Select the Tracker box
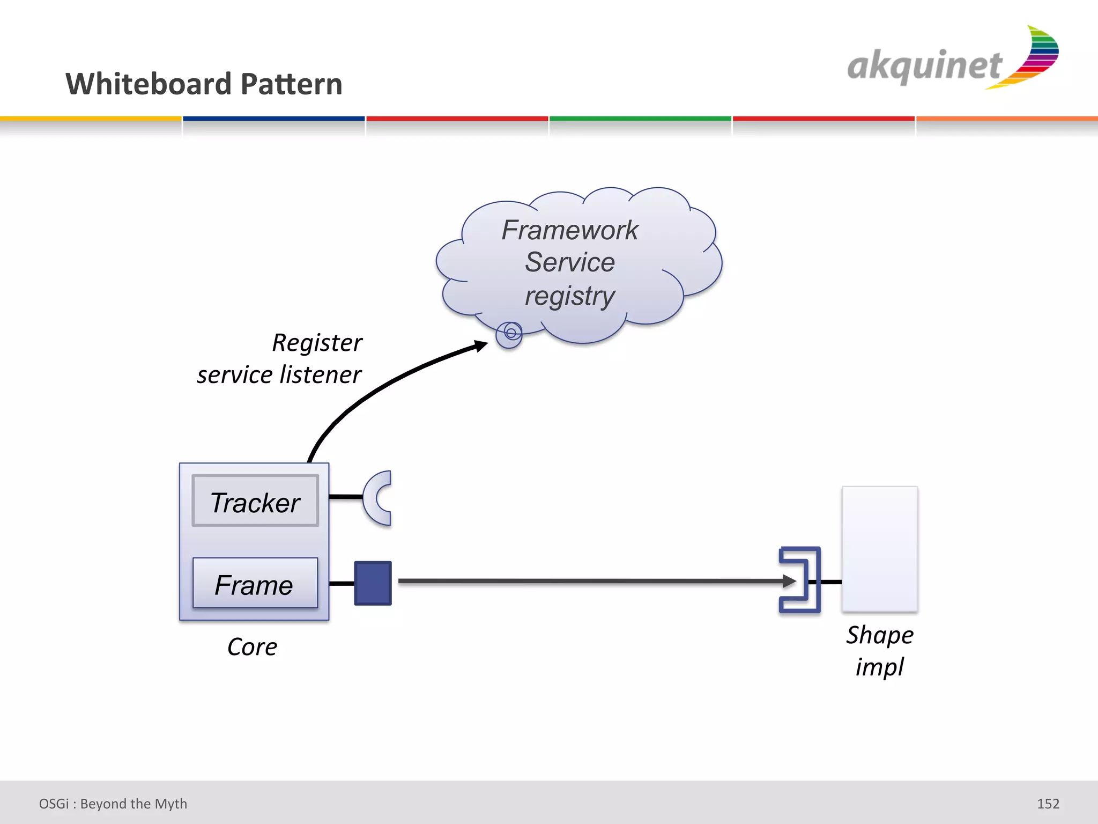tap(255, 501)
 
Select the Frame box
tap(255, 584)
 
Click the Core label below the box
tap(252, 647)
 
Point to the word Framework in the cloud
tap(569, 230)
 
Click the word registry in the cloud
tap(569, 296)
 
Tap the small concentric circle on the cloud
tap(510, 334)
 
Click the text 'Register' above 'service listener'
tap(317, 343)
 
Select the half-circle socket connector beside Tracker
tap(376, 498)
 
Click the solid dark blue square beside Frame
tap(373, 583)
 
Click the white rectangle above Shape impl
tap(880, 548)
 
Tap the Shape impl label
tap(880, 651)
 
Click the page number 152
tap(1048, 804)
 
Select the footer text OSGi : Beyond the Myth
tap(113, 804)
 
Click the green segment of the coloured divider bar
tap(640, 119)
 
